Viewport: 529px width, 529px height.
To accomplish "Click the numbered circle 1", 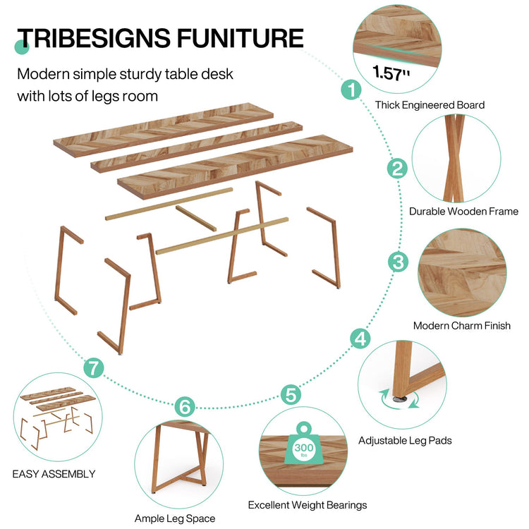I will (x=351, y=90).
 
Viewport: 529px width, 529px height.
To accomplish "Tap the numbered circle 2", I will (x=398, y=169).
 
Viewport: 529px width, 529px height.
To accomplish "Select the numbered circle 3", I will (x=399, y=262).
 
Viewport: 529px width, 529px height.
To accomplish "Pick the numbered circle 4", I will (x=360, y=339).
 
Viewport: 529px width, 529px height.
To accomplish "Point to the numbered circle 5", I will (x=290, y=394).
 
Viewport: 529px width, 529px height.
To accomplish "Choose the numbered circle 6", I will (x=183, y=406).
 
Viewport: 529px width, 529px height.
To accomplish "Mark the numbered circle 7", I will (x=93, y=367).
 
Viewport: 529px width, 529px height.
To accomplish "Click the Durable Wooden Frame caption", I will (x=463, y=211).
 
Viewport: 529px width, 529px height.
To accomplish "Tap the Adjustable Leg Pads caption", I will (x=405, y=440).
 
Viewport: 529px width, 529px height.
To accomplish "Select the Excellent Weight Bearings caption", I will (x=307, y=505).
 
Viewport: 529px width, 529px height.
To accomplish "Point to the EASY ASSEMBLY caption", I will (x=54, y=474).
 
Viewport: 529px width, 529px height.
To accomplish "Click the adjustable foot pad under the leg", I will (x=401, y=398).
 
